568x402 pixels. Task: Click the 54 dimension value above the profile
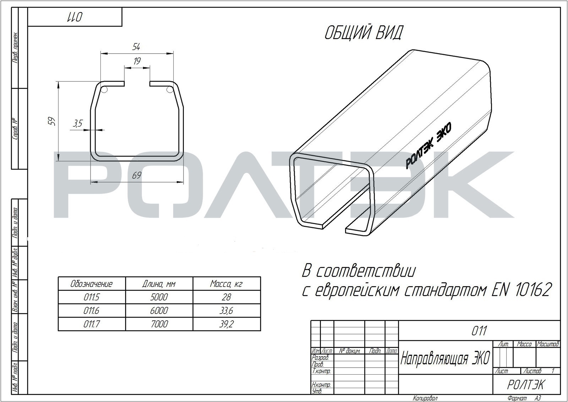pos(136,47)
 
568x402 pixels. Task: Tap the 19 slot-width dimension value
pos(137,61)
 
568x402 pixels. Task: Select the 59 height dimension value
pos(51,121)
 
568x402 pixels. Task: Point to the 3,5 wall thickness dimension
pos(78,124)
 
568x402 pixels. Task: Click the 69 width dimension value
pos(137,175)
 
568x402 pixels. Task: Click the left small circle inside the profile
pos(104,89)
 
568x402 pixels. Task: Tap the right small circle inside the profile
pos(170,89)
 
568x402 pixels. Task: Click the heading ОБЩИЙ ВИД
pos(364,33)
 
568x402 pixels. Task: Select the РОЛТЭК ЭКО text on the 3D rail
pos(428,145)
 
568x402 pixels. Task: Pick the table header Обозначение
pos(92,284)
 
